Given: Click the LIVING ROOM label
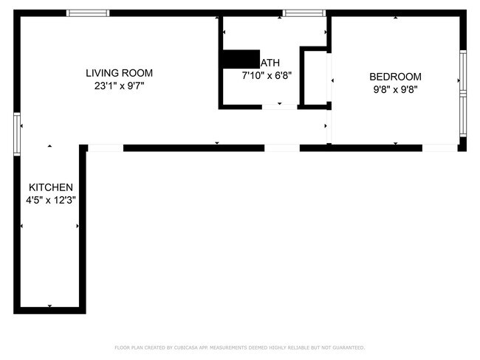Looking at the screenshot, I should (x=119, y=73).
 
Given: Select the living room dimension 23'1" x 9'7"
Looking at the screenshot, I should (x=119, y=86).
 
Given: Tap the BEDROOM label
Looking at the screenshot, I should (x=395, y=77).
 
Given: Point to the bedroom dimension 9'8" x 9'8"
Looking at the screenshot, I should (x=395, y=89).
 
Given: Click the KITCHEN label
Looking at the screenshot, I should (x=50, y=187).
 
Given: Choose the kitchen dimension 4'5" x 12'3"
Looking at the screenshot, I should (x=50, y=200).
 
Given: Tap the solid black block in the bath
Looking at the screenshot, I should (x=240, y=60).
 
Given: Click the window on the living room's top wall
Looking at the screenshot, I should (x=88, y=13).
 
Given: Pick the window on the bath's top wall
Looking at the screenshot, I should (x=304, y=13).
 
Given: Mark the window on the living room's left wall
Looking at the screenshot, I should (x=16, y=134).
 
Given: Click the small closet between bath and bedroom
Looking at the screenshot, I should (x=315, y=77).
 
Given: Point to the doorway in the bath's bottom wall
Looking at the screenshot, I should (x=278, y=107).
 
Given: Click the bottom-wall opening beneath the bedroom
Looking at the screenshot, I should (x=439, y=148).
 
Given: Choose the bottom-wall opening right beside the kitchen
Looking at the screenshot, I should (x=105, y=148).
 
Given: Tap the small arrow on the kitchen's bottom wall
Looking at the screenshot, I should (x=49, y=305).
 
